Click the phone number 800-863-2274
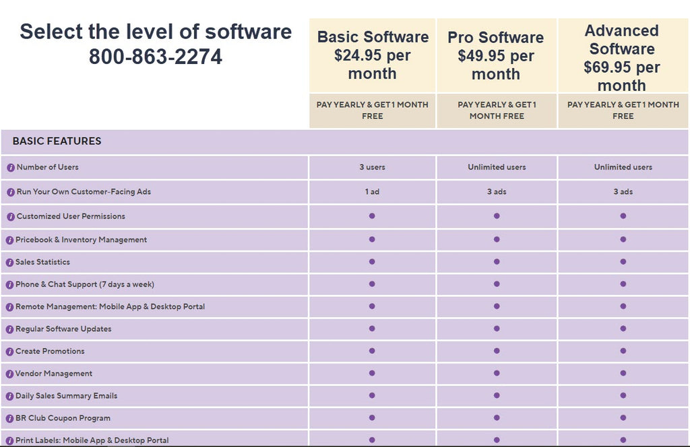pyautogui.click(x=155, y=57)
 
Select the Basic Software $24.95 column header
pyautogui.click(x=373, y=55)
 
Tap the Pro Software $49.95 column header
pyautogui.click(x=496, y=55)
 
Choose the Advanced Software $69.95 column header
pyautogui.click(x=621, y=57)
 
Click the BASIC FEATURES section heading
pyautogui.click(x=57, y=141)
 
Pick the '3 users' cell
pyautogui.click(x=372, y=167)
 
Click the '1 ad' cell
pyautogui.click(x=372, y=192)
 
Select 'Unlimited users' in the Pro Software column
pyautogui.click(x=497, y=167)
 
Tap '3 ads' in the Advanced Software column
pyautogui.click(x=623, y=192)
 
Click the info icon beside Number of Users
pyautogui.click(x=11, y=168)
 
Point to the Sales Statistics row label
pyautogui.click(x=42, y=262)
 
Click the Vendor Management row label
pyautogui.click(x=54, y=374)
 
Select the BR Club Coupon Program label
pyautogui.click(x=63, y=418)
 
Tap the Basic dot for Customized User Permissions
pyautogui.click(x=372, y=216)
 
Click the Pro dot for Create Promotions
pyautogui.click(x=497, y=351)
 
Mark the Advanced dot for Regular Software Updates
pyautogui.click(x=623, y=329)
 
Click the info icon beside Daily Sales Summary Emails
pyautogui.click(x=10, y=397)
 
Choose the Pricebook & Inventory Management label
pyautogui.click(x=81, y=240)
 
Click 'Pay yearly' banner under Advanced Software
pyautogui.click(x=623, y=110)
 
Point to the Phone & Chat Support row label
pyautogui.click(x=84, y=284)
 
